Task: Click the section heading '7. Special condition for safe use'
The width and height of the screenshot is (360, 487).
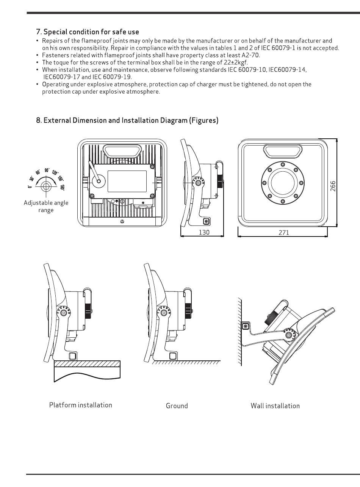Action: point(88,32)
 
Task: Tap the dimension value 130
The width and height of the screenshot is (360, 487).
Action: point(204,232)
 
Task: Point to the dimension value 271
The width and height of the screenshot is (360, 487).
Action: point(284,233)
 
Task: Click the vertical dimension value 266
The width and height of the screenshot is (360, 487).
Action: point(333,186)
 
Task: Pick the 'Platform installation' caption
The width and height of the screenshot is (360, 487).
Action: point(81,405)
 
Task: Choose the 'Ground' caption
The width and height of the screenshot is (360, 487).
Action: point(177,406)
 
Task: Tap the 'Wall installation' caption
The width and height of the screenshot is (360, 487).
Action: point(275,406)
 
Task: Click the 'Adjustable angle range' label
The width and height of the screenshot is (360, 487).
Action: point(46,206)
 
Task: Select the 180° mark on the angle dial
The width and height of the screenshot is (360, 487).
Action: point(63,188)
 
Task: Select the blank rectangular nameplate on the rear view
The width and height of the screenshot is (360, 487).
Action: point(127,182)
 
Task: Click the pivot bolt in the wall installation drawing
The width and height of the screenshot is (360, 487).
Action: point(289,335)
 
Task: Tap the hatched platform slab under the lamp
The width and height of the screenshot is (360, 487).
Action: point(87,364)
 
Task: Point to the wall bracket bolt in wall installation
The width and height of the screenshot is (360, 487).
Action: point(246,326)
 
